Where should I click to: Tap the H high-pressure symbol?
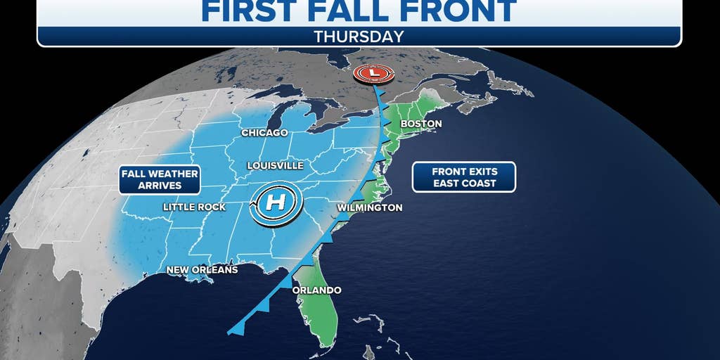coord(275,203)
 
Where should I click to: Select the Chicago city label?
coord(264,132)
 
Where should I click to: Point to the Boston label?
coord(420,124)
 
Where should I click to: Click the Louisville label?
coord(275,165)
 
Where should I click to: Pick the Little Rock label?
coord(194,207)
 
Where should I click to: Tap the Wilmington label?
coord(369,208)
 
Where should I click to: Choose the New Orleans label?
coord(202,270)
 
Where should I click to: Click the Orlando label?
coord(318,290)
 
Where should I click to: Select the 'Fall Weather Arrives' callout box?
coord(160,179)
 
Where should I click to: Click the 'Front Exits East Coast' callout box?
coord(464,176)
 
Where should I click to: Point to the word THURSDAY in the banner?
coord(359,37)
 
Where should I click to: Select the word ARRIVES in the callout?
coord(160,186)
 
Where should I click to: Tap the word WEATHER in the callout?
coord(172,173)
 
